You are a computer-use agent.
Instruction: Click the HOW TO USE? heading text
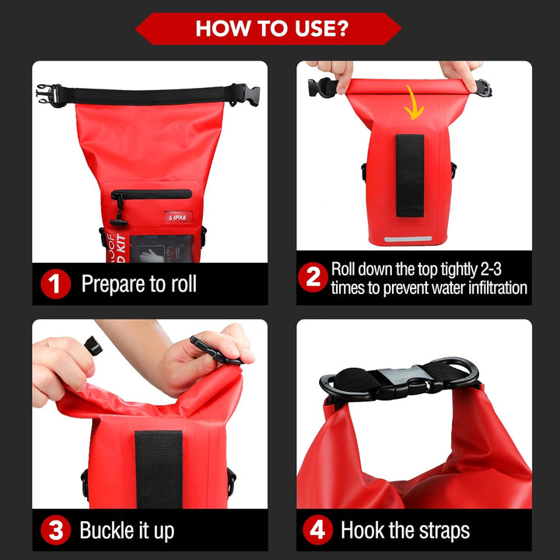(x=271, y=29)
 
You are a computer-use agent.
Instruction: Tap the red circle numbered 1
(x=54, y=283)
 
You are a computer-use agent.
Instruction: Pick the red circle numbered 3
(x=54, y=531)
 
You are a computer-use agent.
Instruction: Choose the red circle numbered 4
(x=317, y=531)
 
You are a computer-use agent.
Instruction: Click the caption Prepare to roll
(x=139, y=284)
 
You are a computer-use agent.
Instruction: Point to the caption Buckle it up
(x=127, y=531)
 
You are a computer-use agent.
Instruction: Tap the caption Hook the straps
(x=405, y=531)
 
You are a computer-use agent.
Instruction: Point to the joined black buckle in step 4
(x=399, y=381)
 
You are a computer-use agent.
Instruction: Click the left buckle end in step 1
(x=47, y=96)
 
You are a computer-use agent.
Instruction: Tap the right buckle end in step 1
(x=237, y=94)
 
